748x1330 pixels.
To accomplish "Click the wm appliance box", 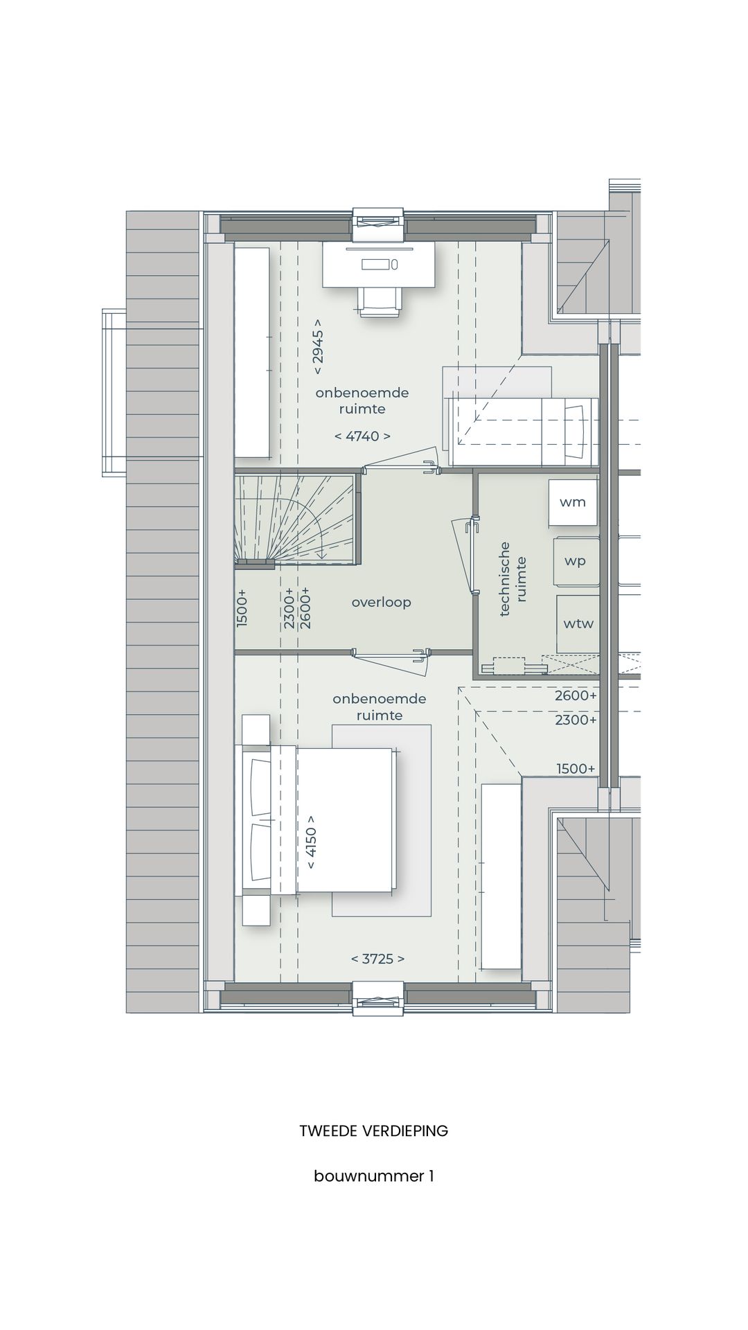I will tap(573, 502).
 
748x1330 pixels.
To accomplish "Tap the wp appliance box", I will tap(576, 561).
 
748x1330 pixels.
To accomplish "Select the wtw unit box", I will tap(578, 623).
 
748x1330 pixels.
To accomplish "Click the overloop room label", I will tap(381, 602).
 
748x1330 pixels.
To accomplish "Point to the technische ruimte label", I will tap(513, 579).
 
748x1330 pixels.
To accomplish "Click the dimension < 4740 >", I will tap(362, 436).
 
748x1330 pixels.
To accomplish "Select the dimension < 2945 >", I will tap(317, 342).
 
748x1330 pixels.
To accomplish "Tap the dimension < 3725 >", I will tap(377, 959).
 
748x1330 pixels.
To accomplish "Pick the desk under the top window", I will tap(379, 264).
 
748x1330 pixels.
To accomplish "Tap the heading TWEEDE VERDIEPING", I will tap(373, 1131).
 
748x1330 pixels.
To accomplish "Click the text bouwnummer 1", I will tap(373, 1176).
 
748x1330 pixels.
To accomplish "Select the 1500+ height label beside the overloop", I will tap(242, 608).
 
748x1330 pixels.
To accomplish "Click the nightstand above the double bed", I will tap(256, 729).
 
